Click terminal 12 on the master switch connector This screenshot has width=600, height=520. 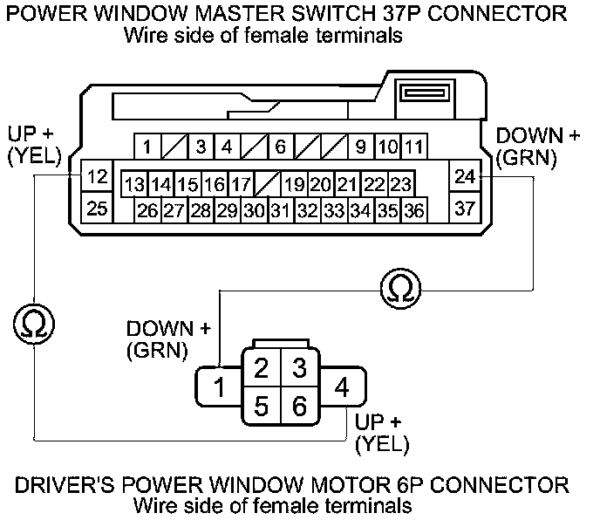pyautogui.click(x=97, y=175)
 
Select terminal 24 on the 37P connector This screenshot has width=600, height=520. pyautogui.click(x=465, y=175)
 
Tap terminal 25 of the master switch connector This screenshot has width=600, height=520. pyautogui.click(x=97, y=207)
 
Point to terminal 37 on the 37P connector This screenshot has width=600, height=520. pyautogui.click(x=465, y=207)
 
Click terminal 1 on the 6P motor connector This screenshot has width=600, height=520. pyautogui.click(x=219, y=387)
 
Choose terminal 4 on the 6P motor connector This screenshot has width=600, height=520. pyautogui.click(x=342, y=387)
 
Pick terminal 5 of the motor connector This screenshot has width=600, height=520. pyautogui.click(x=262, y=406)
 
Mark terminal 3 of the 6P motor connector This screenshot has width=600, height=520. pyautogui.click(x=300, y=367)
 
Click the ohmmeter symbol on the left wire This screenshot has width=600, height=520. pyautogui.click(x=34, y=324)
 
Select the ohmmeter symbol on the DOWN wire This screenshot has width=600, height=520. pyautogui.click(x=400, y=289)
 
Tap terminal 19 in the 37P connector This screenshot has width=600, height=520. pyautogui.click(x=294, y=185)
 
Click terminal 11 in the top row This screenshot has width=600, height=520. pyautogui.click(x=414, y=147)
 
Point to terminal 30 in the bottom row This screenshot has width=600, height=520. pyautogui.click(x=255, y=210)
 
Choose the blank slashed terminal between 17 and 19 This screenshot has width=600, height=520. pyautogui.click(x=268, y=185)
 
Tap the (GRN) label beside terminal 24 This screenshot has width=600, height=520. pyautogui.click(x=526, y=158)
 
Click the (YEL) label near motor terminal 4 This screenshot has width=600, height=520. pyautogui.click(x=382, y=444)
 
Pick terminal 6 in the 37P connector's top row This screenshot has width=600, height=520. pyautogui.click(x=281, y=147)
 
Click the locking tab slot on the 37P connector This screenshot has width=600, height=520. pyautogui.click(x=425, y=93)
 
